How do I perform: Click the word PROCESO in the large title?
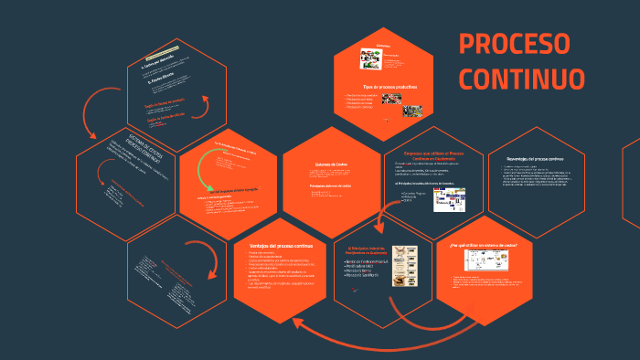coord(514,44)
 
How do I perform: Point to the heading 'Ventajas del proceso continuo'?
coord(282,246)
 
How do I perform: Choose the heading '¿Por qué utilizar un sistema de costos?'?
coord(485,246)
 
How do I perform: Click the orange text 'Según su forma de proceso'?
coord(165,103)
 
